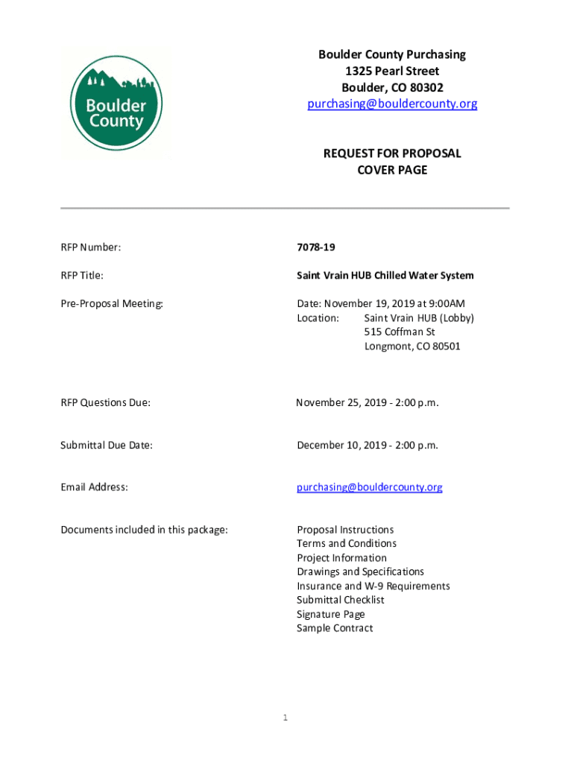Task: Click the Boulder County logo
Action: coord(116,105)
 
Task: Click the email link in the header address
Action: coord(392,104)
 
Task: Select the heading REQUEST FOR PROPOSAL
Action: coord(392,153)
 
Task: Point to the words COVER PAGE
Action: coord(392,170)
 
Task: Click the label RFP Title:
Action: coord(82,276)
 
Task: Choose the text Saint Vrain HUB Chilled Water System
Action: coord(385,276)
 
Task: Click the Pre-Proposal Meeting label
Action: coord(111,303)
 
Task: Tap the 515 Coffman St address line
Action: coord(400,332)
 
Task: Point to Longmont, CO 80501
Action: coord(412,346)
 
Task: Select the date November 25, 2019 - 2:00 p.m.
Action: coord(368,402)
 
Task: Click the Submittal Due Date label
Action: coord(107,445)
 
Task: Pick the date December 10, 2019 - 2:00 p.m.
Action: coord(368,445)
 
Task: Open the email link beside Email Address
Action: coord(370,487)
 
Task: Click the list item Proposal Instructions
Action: coord(345,530)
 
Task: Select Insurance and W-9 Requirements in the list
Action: coord(373,586)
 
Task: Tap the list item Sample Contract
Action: coord(335,628)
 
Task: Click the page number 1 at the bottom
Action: coord(285,718)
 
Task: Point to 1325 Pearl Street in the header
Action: coord(392,71)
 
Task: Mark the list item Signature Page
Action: coord(331,614)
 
